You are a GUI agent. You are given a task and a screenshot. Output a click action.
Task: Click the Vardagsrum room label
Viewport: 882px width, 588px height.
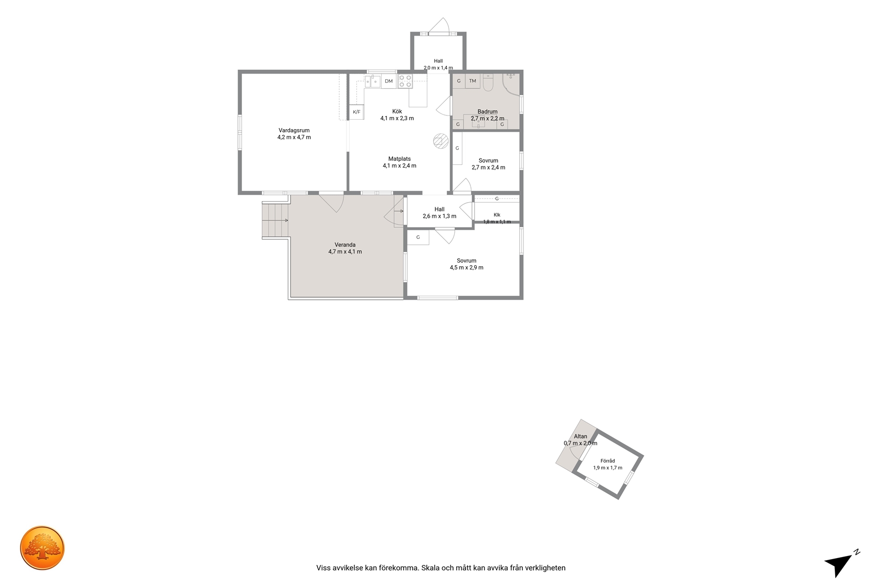[294, 130]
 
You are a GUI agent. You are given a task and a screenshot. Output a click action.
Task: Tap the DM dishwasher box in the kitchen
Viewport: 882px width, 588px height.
[388, 81]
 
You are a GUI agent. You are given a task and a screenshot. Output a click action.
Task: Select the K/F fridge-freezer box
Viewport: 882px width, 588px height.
[356, 112]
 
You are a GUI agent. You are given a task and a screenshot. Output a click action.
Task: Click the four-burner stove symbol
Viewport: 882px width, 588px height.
[405, 81]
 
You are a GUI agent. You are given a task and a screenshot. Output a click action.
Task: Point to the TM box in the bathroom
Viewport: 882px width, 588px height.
[472, 81]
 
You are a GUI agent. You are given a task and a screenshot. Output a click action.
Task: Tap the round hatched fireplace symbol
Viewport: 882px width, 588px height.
[440, 141]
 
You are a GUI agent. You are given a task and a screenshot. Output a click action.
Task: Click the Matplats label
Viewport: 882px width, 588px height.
[399, 159]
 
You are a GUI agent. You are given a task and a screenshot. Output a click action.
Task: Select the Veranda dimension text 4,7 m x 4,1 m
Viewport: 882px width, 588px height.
[345, 251]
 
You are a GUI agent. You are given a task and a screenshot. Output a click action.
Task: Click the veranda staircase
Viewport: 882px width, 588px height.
[276, 220]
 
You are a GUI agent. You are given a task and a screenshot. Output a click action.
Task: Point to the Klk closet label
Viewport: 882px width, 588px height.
[497, 215]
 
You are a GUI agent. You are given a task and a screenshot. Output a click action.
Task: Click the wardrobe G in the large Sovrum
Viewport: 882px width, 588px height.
[418, 237]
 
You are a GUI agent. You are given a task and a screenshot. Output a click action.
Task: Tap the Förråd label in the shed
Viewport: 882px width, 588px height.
[607, 461]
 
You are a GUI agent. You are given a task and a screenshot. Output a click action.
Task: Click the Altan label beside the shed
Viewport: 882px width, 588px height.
[581, 436]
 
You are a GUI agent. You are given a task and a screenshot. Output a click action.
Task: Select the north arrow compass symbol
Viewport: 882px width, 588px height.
[842, 564]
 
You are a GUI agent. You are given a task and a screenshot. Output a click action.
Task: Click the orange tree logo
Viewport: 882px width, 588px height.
[42, 548]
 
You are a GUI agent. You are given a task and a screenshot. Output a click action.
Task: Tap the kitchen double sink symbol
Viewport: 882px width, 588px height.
[373, 81]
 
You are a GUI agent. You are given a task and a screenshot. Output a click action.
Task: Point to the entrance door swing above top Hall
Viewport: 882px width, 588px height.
[439, 26]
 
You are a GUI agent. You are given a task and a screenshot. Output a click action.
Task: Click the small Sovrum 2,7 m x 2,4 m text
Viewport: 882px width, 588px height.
[488, 167]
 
